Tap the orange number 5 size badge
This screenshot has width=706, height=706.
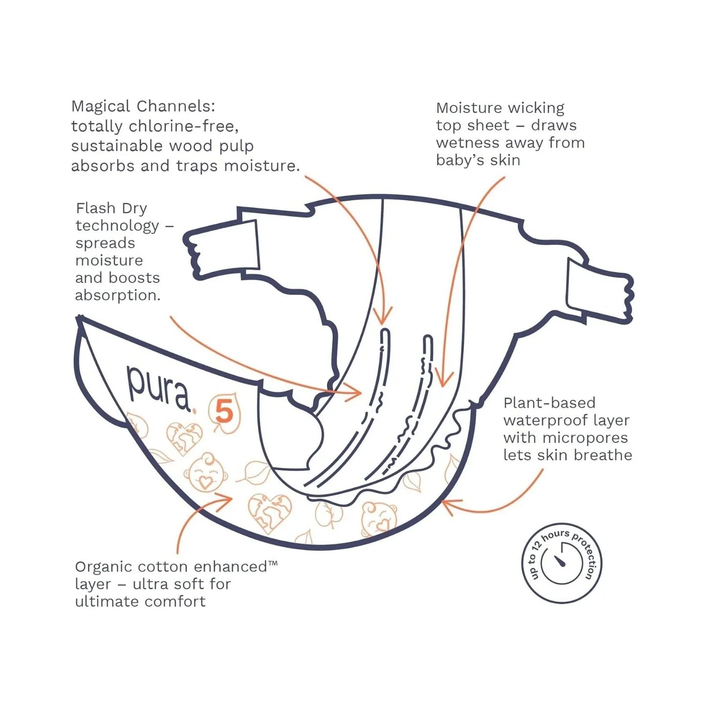point(224,412)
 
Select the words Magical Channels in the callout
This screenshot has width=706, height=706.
point(143,106)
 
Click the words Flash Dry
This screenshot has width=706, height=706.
point(111,208)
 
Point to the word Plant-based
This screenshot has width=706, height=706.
point(549,403)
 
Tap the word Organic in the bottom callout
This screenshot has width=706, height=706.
point(104,567)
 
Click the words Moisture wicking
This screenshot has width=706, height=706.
point(500,108)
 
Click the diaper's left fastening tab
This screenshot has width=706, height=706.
point(222,249)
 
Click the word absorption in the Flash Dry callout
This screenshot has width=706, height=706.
point(117,296)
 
